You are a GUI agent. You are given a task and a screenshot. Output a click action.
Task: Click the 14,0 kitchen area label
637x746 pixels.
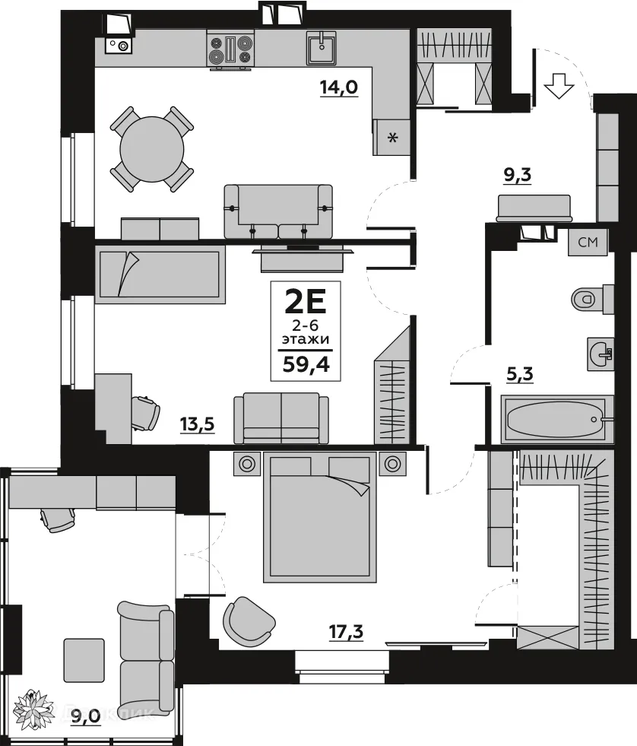click(x=338, y=86)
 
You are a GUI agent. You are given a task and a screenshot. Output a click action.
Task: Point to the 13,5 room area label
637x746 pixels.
click(x=195, y=423)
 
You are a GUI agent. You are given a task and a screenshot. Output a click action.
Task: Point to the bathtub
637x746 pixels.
click(x=557, y=419)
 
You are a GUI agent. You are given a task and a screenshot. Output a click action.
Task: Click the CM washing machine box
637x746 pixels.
click(x=588, y=243)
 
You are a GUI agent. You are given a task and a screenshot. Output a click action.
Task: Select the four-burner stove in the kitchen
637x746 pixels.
click(x=230, y=49)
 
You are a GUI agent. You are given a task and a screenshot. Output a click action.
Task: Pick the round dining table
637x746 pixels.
click(x=152, y=148)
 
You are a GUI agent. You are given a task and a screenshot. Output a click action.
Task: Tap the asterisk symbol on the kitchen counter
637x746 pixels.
click(x=392, y=138)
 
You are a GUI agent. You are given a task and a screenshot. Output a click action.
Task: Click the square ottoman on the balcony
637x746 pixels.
click(x=84, y=659)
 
